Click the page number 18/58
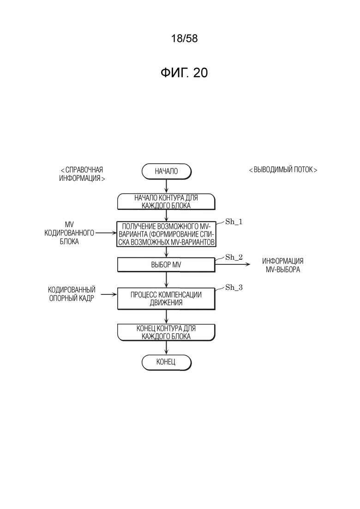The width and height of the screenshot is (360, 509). click(184, 39)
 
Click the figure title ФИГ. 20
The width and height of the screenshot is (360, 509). click(184, 73)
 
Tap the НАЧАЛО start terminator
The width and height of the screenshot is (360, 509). click(166, 171)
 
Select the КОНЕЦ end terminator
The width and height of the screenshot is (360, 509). click(166, 362)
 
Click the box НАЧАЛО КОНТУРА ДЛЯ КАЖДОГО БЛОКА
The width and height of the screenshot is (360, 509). click(166, 202)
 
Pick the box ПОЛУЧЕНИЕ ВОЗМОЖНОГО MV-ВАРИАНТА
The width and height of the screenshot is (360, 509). click(166, 234)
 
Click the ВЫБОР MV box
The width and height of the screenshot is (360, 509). click(166, 265)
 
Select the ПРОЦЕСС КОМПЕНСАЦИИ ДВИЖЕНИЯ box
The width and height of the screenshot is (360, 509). click(166, 299)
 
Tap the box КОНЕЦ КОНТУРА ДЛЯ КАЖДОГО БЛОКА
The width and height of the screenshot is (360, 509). click(166, 332)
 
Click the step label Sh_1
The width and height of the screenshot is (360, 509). click(234, 222)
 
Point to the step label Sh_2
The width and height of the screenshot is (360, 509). click(234, 257)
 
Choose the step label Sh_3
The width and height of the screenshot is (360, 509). click(234, 287)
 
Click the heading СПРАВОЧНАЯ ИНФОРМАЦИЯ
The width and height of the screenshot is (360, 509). click(82, 174)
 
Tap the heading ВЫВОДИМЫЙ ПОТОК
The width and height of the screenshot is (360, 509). click(283, 170)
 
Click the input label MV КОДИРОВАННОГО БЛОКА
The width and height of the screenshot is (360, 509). click(69, 233)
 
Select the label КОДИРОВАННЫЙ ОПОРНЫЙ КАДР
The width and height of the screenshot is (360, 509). click(72, 294)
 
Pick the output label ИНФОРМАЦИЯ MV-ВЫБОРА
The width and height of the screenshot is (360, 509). click(283, 265)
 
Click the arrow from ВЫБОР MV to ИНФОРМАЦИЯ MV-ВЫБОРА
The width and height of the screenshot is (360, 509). click(233, 264)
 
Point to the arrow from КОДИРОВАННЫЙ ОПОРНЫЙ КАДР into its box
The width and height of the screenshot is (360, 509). click(109, 294)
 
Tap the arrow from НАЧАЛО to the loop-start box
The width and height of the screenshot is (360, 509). click(166, 186)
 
